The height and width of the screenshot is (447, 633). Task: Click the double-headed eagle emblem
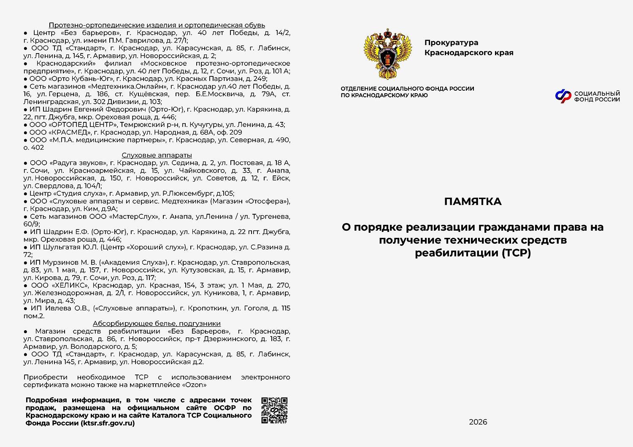click(x=387, y=54)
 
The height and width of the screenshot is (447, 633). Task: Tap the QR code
click(x=274, y=410)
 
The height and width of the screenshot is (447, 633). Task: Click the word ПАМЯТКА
click(x=473, y=202)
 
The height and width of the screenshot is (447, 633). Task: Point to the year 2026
click(x=478, y=422)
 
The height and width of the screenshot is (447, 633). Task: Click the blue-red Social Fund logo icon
click(x=563, y=97)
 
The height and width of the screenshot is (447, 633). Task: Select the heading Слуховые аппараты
click(x=157, y=155)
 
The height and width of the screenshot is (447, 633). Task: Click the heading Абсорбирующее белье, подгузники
click(x=157, y=323)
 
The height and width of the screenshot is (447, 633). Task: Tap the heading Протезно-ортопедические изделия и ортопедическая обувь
click(x=157, y=25)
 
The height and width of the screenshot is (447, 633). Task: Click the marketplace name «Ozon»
click(x=194, y=385)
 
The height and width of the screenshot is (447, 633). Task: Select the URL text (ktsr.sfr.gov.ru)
click(x=108, y=423)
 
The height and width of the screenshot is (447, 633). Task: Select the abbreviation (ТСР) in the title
click(x=516, y=253)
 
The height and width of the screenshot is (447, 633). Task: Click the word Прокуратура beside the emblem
click(x=451, y=43)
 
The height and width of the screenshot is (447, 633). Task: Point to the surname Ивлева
click(x=59, y=308)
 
